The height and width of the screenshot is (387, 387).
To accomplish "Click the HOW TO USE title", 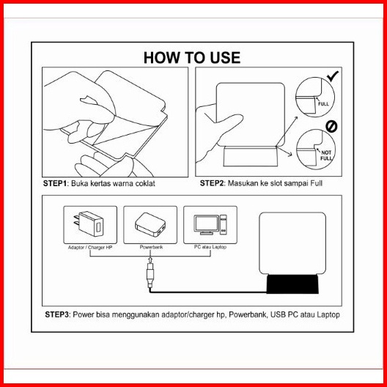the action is [x=192, y=58].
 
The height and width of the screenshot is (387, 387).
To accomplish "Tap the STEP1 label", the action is [x=55, y=183].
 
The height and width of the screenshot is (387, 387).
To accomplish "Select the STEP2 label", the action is [x=212, y=183].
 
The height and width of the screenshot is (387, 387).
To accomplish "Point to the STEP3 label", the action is [x=56, y=314].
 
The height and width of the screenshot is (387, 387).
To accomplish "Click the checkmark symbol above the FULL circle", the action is [x=333, y=76].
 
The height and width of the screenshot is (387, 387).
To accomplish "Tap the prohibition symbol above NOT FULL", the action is [x=331, y=127].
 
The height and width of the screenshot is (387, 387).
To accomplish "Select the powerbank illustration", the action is [x=150, y=224].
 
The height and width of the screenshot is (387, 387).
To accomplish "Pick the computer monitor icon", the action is [x=207, y=224].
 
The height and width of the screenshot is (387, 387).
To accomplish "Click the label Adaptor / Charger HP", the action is [x=90, y=247].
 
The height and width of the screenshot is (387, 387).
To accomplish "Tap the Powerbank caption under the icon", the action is [x=151, y=247].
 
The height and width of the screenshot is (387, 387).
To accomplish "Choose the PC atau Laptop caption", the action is [x=210, y=247].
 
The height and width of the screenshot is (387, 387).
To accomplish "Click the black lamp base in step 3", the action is [x=292, y=284].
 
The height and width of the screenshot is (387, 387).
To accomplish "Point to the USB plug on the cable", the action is [x=150, y=275].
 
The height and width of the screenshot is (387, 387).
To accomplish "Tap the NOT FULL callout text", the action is [x=326, y=155].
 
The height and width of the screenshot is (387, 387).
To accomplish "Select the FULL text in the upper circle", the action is [x=323, y=104].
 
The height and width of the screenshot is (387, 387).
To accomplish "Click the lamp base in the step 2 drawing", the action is [x=251, y=156].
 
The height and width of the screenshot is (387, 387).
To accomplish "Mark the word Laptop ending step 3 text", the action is [x=328, y=315].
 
